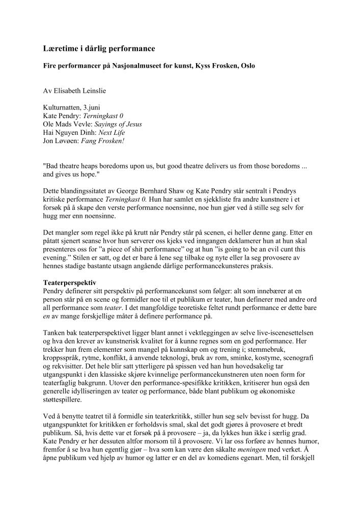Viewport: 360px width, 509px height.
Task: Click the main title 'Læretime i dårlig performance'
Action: (99, 48)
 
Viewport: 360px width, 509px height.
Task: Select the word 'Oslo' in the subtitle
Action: (247, 66)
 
